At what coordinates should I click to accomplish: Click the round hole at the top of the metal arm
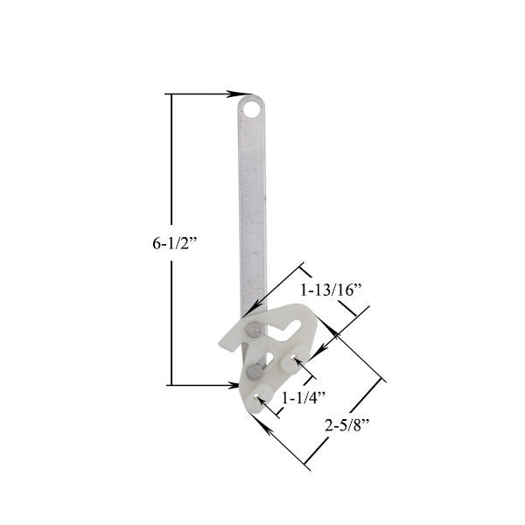pos(252,109)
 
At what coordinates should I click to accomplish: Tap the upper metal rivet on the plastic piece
pos(253,329)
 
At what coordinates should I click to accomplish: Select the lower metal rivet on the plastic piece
pos(254,373)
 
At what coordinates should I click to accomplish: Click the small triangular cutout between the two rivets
pos(262,354)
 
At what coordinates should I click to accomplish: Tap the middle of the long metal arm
pos(252,210)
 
